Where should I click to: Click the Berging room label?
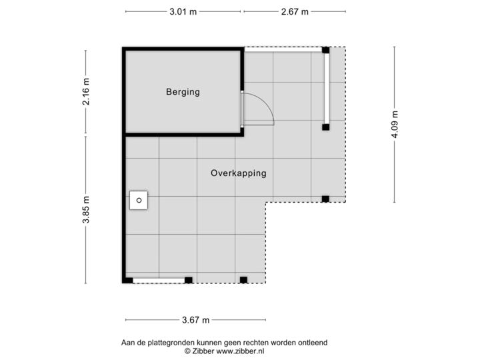coord(183,92)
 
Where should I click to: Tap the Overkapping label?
coord(238,173)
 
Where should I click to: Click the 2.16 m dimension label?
coord(85,93)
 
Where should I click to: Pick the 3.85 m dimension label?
coord(85,210)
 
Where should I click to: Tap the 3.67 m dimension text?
coord(196,320)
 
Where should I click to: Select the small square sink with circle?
coord(139,199)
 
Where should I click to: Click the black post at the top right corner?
coord(326,50)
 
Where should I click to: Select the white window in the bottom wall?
coord(158,281)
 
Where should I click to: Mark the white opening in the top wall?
coord(283,49)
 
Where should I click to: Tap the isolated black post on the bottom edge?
coord(243,280)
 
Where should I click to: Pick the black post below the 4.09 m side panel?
coord(326,127)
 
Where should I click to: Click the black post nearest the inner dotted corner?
coord(325,199)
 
